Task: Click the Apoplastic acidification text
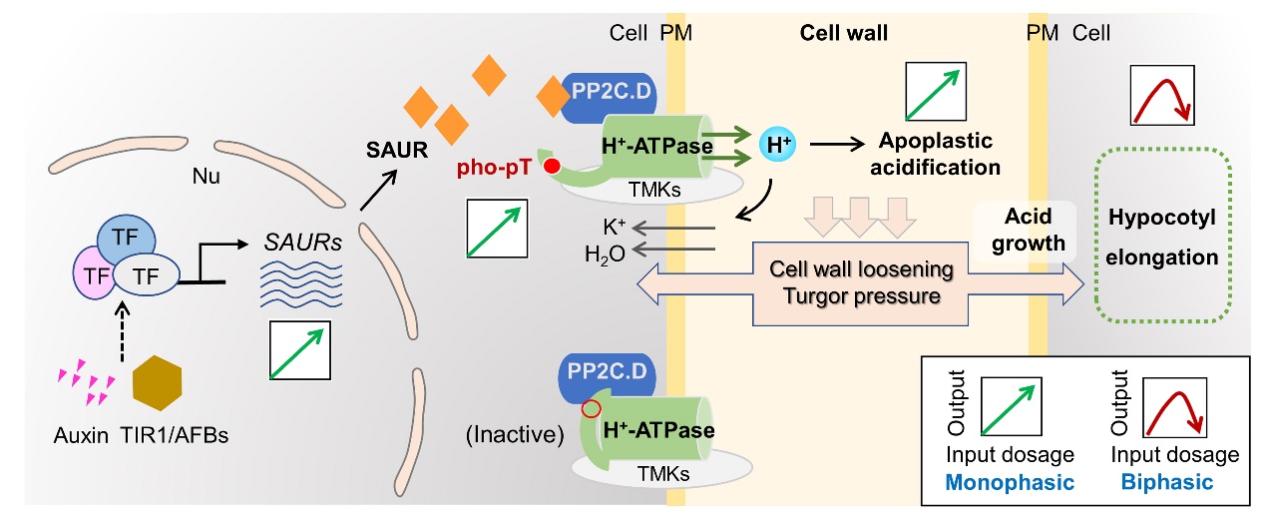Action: [937, 153]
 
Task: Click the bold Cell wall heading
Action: [844, 34]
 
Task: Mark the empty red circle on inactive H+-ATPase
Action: [591, 409]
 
